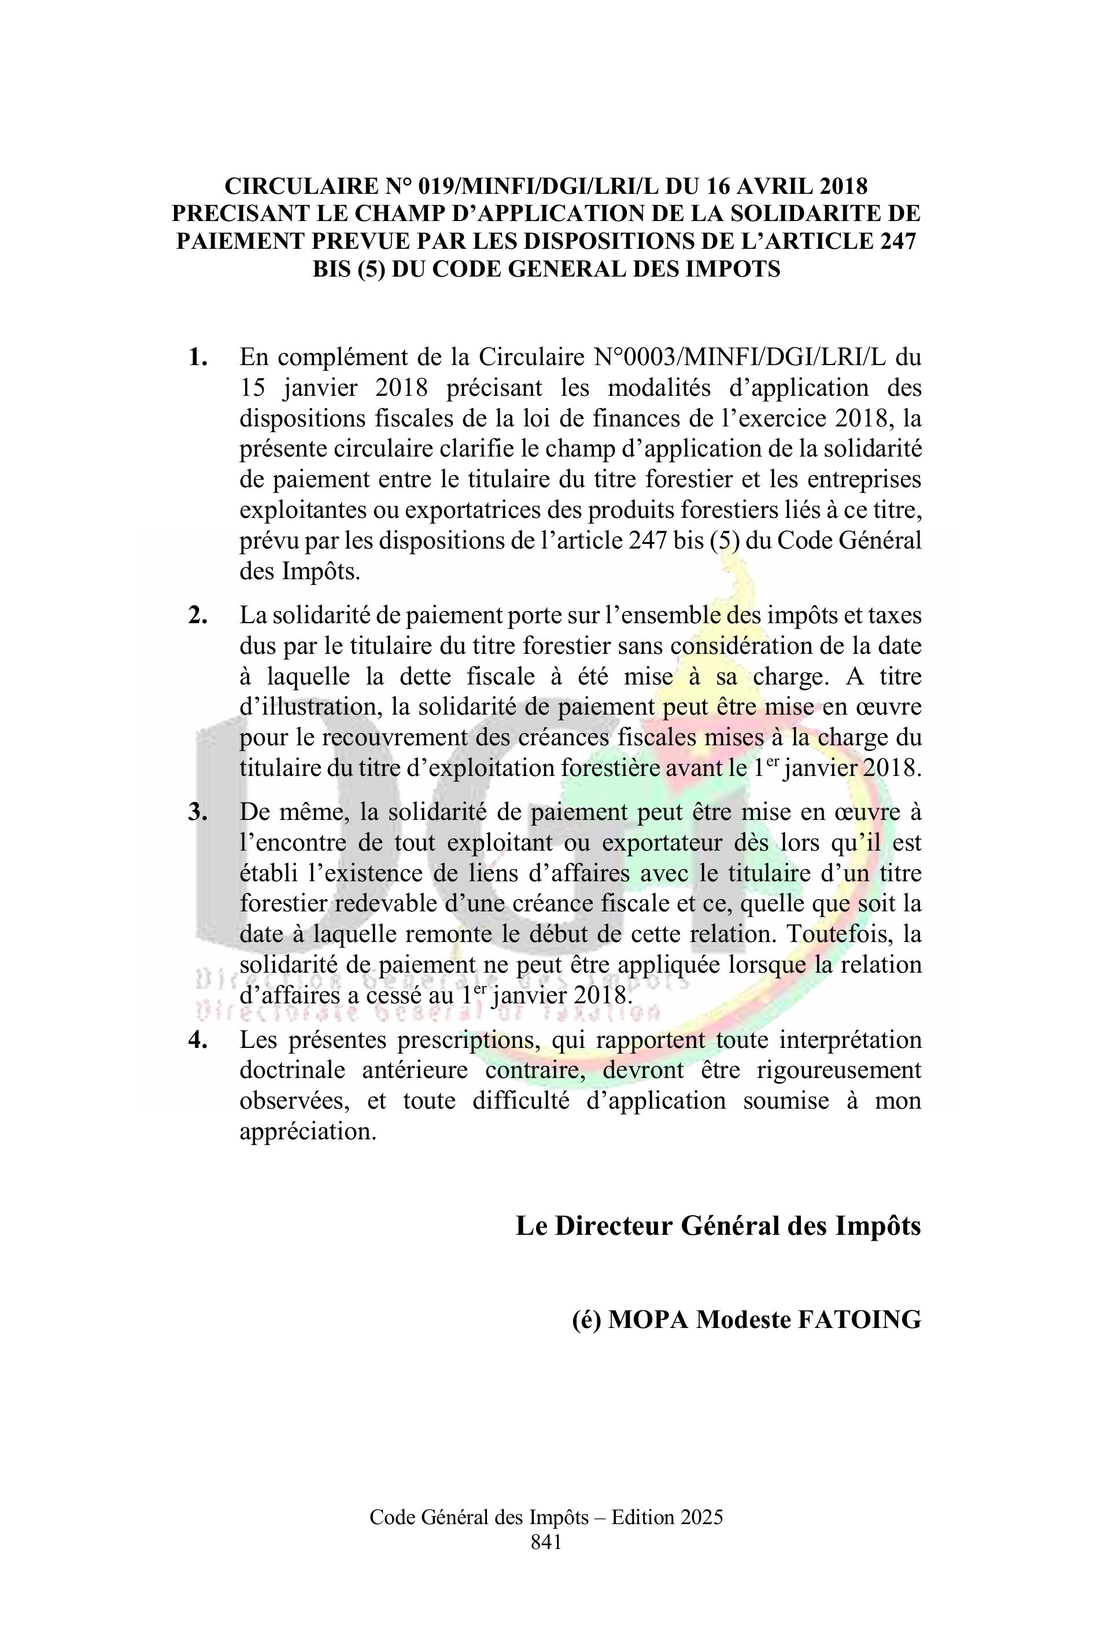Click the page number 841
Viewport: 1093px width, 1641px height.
[546, 1542]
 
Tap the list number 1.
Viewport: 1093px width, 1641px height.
[198, 358]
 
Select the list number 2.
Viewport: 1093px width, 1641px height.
[198, 616]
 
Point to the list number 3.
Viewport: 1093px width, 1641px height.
[198, 812]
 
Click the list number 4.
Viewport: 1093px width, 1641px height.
[198, 1040]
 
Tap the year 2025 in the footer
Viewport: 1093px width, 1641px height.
[702, 1518]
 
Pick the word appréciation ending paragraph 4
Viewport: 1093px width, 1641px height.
[308, 1131]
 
